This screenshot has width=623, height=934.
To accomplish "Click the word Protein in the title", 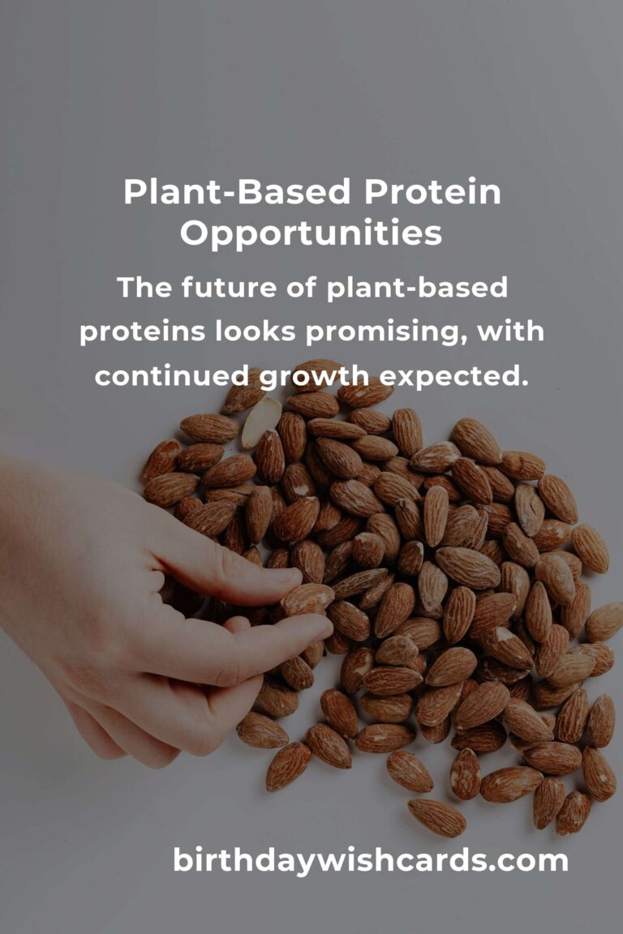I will coord(432,192).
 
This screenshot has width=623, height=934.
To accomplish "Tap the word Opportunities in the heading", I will coord(311,233).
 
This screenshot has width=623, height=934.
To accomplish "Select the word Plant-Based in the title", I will coord(238,192).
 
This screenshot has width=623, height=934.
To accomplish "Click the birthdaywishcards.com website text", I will coord(370,860).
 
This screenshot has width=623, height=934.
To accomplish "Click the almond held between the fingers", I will coord(308,598).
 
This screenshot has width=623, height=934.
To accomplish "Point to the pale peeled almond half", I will coord(261,422).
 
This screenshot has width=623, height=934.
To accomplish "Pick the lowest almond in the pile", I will coord(436,816).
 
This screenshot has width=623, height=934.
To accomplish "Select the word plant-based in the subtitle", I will coord(418,289).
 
